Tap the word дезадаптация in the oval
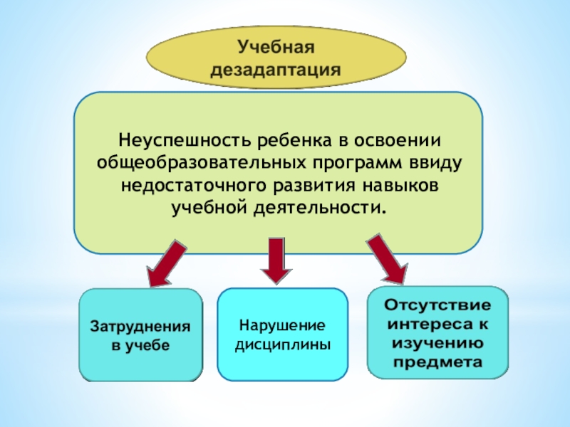pos(276,70)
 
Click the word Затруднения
pos(140,327)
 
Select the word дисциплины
pos(282,344)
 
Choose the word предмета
pos(437,362)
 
